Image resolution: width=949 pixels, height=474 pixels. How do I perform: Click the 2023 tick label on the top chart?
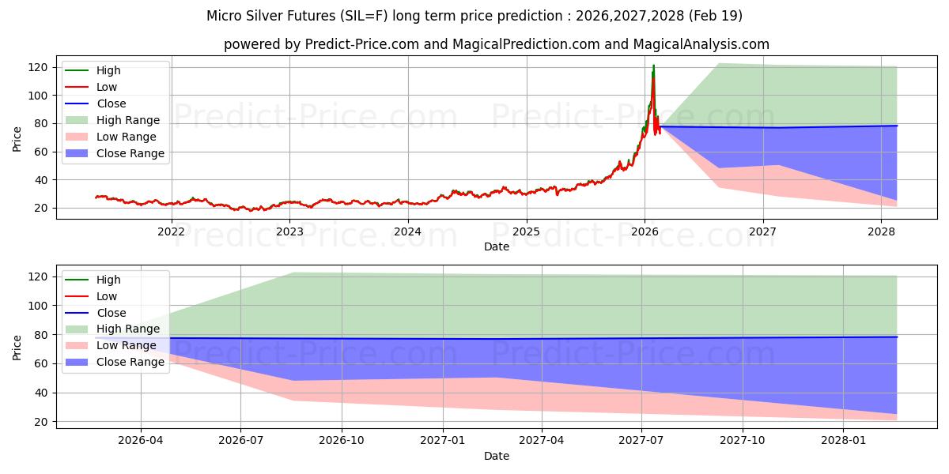pyautogui.click(x=289, y=231)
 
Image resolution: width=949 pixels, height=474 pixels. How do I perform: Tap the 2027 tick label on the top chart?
pyautogui.click(x=763, y=231)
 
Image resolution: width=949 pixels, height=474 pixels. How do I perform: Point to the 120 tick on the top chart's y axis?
pyautogui.click(x=36, y=67)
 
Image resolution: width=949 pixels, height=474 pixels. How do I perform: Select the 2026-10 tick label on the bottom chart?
pyautogui.click(x=342, y=441)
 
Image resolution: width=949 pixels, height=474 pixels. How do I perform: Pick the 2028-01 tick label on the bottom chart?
pyautogui.click(x=844, y=441)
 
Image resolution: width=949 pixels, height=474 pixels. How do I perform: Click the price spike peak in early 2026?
pyautogui.click(x=653, y=66)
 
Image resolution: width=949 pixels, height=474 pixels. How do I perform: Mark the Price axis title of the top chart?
pyautogui.click(x=17, y=138)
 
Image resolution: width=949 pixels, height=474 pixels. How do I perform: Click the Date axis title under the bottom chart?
pyautogui.click(x=496, y=456)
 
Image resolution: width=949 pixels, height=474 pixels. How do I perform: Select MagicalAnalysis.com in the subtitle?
pyautogui.click(x=702, y=44)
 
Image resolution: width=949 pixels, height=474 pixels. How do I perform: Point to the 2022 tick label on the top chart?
pyautogui.click(x=171, y=231)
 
